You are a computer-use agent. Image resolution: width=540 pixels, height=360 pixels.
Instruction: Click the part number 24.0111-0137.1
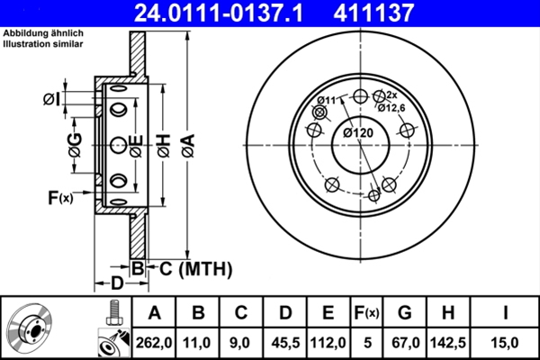[219, 13]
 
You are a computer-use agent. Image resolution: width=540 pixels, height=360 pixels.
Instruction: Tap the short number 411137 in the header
[373, 13]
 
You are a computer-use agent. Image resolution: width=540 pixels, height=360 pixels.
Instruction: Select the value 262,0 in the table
[154, 343]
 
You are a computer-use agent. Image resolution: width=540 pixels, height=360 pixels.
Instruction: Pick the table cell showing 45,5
[285, 343]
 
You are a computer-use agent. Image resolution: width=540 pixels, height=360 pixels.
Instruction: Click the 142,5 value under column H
[448, 343]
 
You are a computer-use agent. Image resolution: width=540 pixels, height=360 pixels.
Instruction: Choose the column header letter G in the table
[405, 312]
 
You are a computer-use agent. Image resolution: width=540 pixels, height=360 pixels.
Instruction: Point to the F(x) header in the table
[367, 313]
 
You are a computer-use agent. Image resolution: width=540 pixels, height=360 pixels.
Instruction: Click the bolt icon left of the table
[114, 313]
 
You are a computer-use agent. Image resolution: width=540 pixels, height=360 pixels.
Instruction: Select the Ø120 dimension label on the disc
[358, 132]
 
